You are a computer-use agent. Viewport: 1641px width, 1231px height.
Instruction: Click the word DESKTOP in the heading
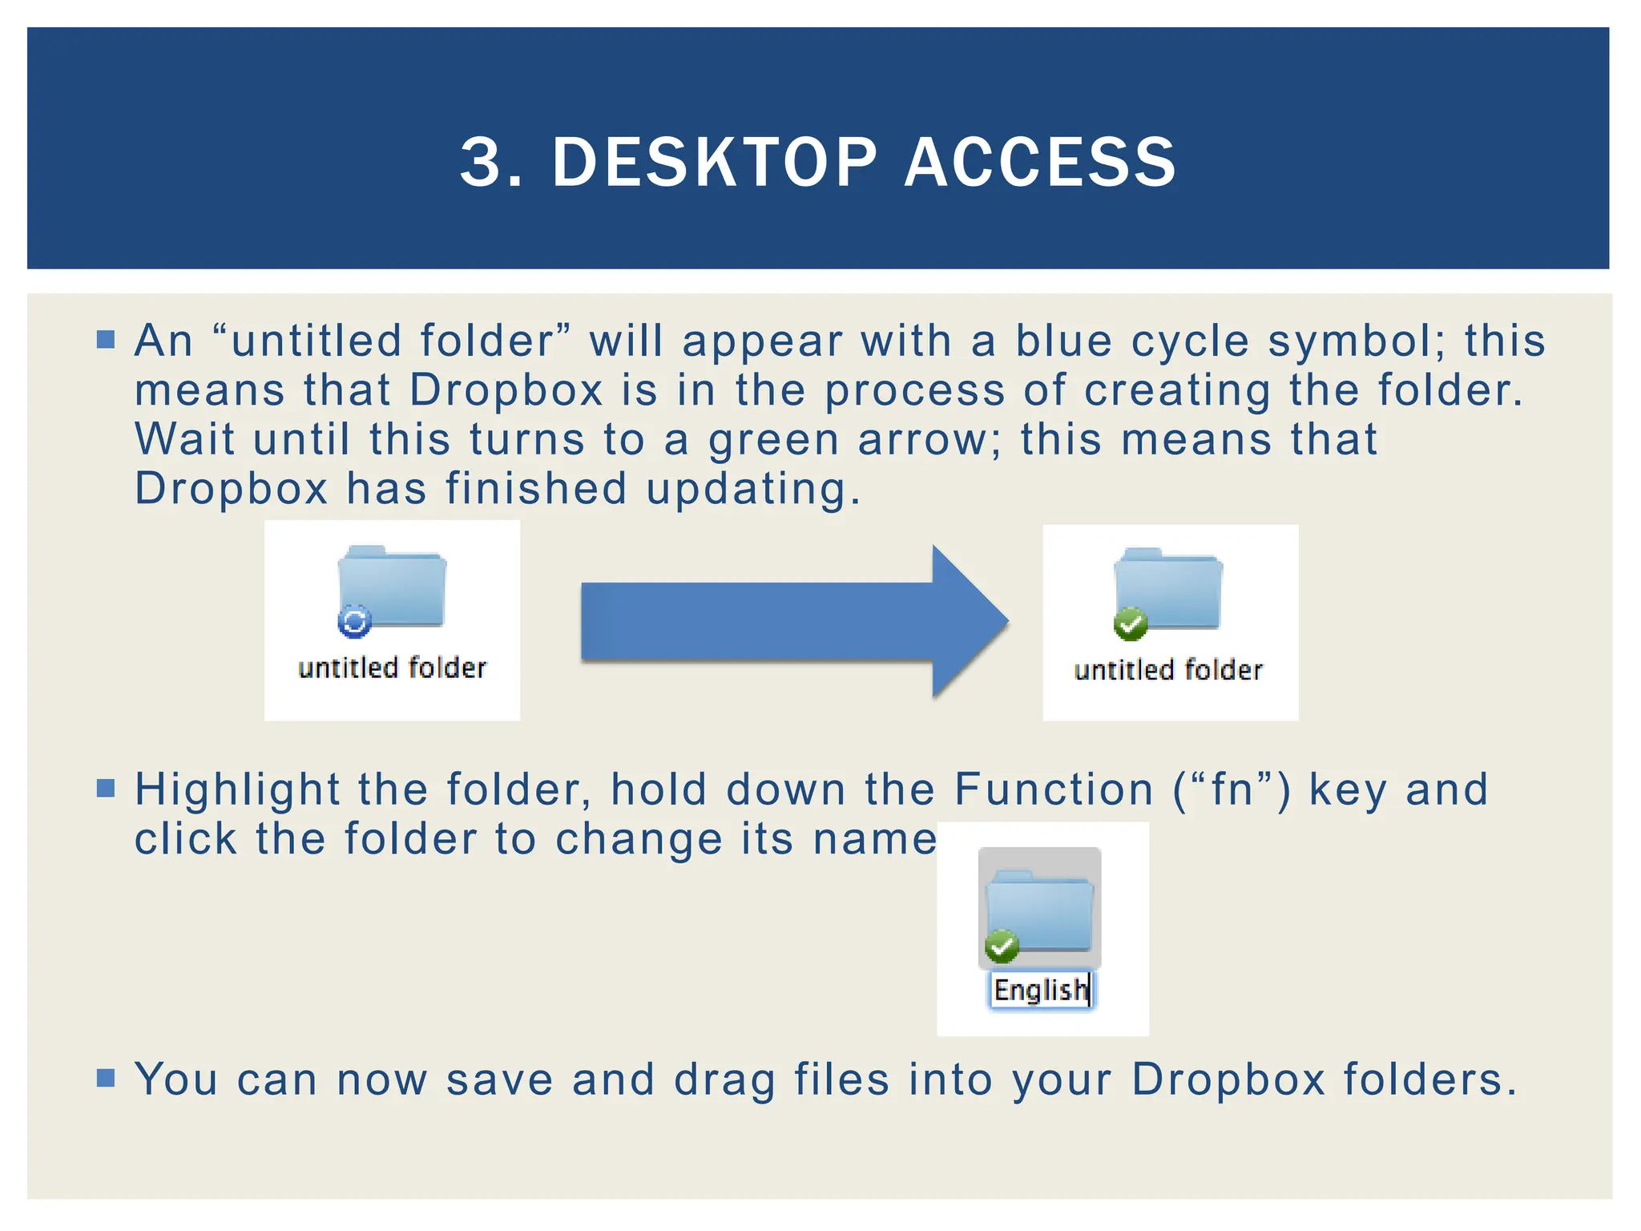point(715,163)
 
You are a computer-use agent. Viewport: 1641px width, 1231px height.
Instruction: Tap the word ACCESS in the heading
point(1040,163)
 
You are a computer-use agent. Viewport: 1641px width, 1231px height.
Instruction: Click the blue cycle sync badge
point(354,621)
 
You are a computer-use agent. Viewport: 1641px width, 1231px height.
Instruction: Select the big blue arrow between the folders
point(793,621)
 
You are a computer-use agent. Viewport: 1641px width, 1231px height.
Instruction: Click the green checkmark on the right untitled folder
point(1131,624)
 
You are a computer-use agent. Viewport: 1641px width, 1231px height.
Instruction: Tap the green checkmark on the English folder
point(1001,946)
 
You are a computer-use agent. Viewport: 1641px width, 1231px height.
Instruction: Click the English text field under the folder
point(1040,991)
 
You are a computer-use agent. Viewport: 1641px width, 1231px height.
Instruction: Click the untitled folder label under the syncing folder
point(392,668)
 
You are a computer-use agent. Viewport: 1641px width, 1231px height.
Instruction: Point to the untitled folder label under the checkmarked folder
point(1168,670)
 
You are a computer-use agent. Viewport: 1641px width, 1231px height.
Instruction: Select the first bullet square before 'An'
point(106,339)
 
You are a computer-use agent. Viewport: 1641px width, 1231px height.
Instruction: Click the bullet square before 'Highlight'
point(106,789)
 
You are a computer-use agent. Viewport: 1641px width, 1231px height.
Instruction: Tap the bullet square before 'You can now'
point(106,1077)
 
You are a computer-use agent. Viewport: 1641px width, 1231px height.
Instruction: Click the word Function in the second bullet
point(1054,789)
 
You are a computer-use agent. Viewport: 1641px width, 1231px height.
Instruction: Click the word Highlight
point(237,789)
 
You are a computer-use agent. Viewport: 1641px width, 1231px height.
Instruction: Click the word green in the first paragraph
point(773,441)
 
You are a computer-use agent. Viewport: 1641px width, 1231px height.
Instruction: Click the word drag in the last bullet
point(724,1080)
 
